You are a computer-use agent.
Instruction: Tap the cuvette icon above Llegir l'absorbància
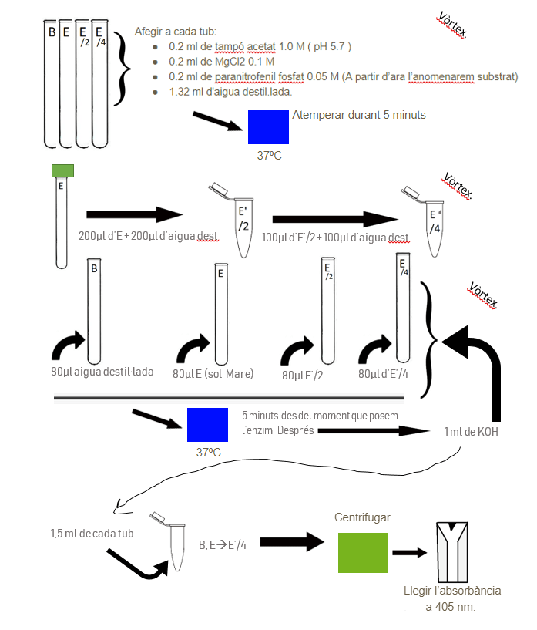453,551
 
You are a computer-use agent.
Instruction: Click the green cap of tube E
62,170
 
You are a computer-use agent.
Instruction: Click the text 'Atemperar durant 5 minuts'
358,116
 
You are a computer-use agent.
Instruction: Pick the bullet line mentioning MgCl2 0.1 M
222,61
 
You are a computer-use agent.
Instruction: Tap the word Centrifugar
362,516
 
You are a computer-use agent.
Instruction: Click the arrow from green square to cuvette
410,552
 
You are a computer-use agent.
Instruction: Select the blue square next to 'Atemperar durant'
268,126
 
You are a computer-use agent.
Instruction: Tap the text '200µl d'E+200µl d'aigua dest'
148,236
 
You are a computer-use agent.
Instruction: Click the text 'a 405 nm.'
451,607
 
